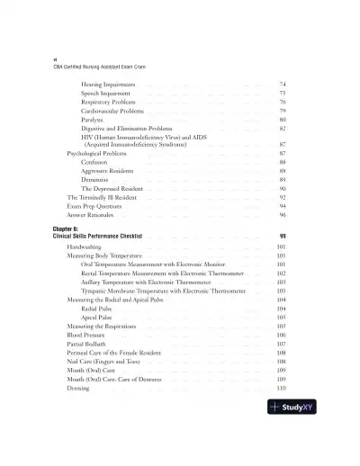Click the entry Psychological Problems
tap(96, 154)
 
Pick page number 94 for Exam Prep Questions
tap(282, 206)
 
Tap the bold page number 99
tap(282, 236)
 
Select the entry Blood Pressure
tap(86, 335)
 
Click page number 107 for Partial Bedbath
tap(281, 344)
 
